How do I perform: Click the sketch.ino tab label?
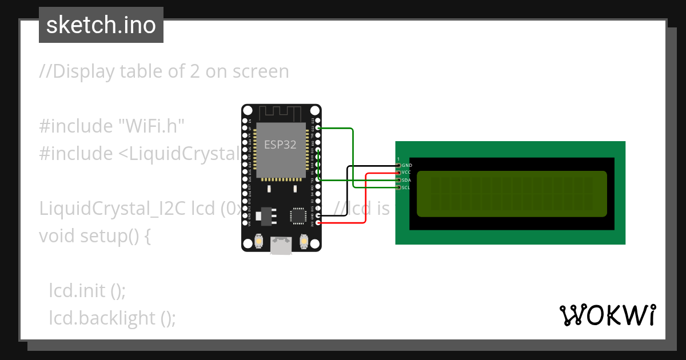(x=101, y=25)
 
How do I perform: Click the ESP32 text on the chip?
(x=280, y=145)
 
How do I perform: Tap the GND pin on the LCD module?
(x=398, y=165)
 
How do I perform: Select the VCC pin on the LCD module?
(x=398, y=172)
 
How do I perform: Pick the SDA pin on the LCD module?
(x=398, y=180)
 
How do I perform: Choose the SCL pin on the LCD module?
(x=398, y=187)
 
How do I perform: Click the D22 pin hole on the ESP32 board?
(x=318, y=128)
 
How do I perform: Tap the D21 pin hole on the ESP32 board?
(x=318, y=180)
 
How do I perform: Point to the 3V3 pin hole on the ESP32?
(x=318, y=223)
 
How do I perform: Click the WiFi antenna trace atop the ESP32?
(x=281, y=113)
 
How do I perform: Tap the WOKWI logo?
(x=607, y=315)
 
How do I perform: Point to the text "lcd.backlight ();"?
(x=112, y=318)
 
